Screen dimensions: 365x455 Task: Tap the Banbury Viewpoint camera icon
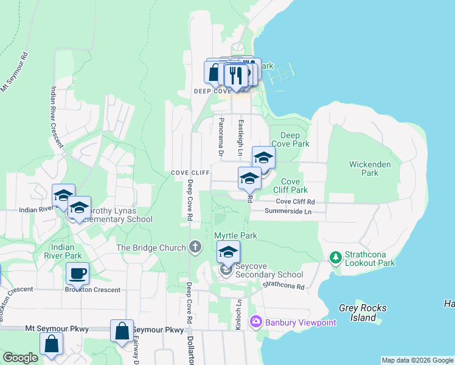pyautogui.click(x=256, y=321)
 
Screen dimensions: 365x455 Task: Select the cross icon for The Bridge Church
pyautogui.click(x=195, y=246)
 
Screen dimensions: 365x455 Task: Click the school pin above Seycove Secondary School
pyautogui.click(x=228, y=252)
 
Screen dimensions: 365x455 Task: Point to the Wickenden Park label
pyautogui.click(x=364, y=169)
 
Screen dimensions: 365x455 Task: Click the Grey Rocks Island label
pyautogui.click(x=363, y=313)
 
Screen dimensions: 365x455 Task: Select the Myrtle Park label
pyautogui.click(x=235, y=235)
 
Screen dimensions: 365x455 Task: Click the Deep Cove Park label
pyautogui.click(x=294, y=139)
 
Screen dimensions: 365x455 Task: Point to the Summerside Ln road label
pyautogui.click(x=288, y=212)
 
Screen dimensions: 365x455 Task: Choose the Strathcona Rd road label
pyautogui.click(x=283, y=285)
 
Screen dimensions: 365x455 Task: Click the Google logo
pyautogui.click(x=21, y=358)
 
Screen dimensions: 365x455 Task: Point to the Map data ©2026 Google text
pyautogui.click(x=417, y=360)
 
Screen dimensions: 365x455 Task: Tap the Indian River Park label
pyautogui.click(x=67, y=251)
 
